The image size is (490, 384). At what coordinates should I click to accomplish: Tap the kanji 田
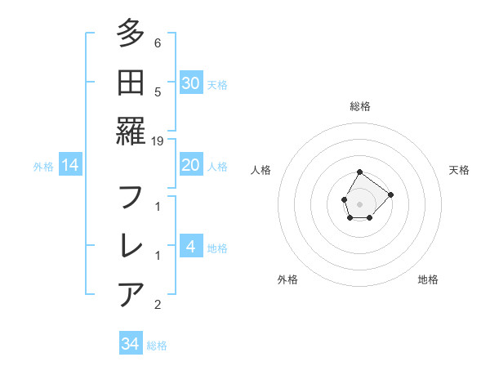(x=131, y=83)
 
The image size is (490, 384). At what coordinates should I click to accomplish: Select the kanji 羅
(x=131, y=131)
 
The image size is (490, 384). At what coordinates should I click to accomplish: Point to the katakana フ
(x=131, y=199)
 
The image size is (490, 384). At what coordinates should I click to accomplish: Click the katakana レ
(x=131, y=245)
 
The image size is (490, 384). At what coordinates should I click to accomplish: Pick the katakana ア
(x=131, y=292)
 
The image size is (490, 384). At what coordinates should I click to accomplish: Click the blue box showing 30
(x=191, y=83)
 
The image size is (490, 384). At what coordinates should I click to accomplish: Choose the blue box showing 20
(x=191, y=165)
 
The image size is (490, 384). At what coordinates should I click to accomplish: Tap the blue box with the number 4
(x=191, y=247)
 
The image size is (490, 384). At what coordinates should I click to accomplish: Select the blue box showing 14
(x=70, y=165)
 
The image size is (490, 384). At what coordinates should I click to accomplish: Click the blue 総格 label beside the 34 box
(x=157, y=346)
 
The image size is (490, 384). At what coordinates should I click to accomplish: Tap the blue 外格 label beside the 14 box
(x=43, y=167)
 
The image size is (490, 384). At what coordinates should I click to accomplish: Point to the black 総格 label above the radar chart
(x=359, y=106)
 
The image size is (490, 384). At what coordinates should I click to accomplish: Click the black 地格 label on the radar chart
(x=428, y=279)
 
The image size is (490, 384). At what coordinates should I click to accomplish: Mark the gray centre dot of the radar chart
(x=359, y=203)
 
